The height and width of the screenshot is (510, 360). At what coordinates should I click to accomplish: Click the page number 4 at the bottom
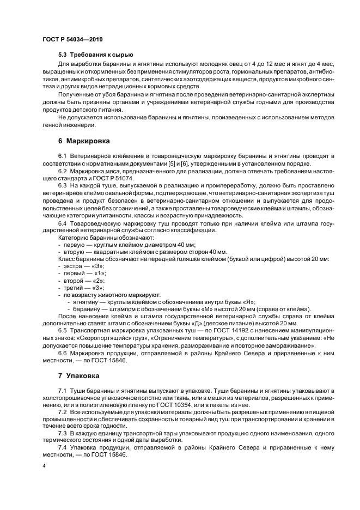(x=44, y=466)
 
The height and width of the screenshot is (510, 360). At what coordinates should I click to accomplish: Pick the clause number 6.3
(x=63, y=186)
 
